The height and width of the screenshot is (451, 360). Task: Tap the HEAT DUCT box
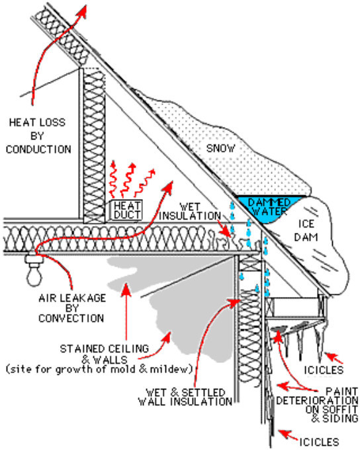126,210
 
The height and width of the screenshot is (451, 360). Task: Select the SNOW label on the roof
221,148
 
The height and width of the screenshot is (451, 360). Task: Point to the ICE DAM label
306,230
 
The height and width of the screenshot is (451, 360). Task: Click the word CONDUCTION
38,149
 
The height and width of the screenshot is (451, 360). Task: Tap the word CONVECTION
71,318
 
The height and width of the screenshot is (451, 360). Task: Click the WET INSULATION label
190,212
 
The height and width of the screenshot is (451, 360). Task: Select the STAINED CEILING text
104,348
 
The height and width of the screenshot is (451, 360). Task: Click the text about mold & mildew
99,369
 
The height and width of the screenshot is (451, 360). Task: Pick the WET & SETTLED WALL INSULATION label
185,397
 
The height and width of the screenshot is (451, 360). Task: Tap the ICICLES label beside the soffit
324,370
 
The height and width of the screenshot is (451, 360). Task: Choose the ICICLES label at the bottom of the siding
319,442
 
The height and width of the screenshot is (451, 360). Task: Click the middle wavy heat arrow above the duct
127,181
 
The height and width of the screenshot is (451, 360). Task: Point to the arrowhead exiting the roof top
83,12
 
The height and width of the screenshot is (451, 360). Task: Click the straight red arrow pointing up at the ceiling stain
126,311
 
